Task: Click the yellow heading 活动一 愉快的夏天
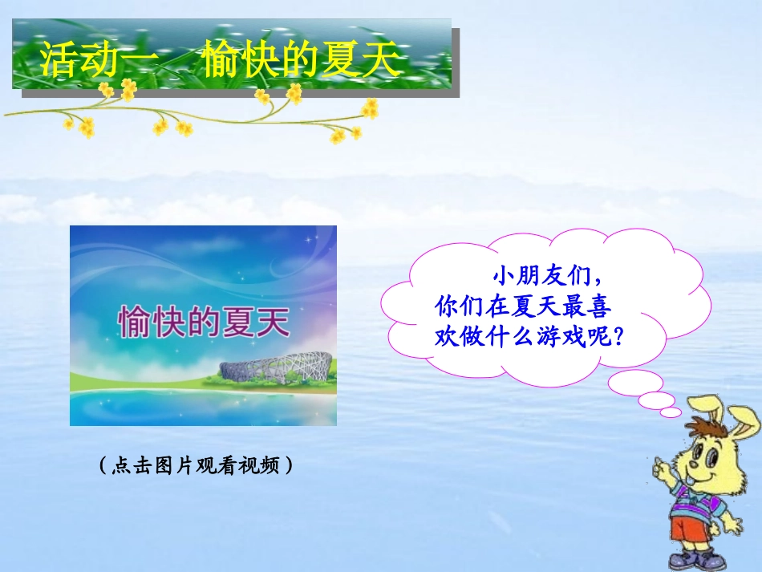click(x=221, y=62)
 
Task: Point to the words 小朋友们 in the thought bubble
click(x=541, y=277)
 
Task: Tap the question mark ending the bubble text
click(x=618, y=334)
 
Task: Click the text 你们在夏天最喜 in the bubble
click(x=522, y=306)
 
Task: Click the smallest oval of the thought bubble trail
click(x=671, y=412)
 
